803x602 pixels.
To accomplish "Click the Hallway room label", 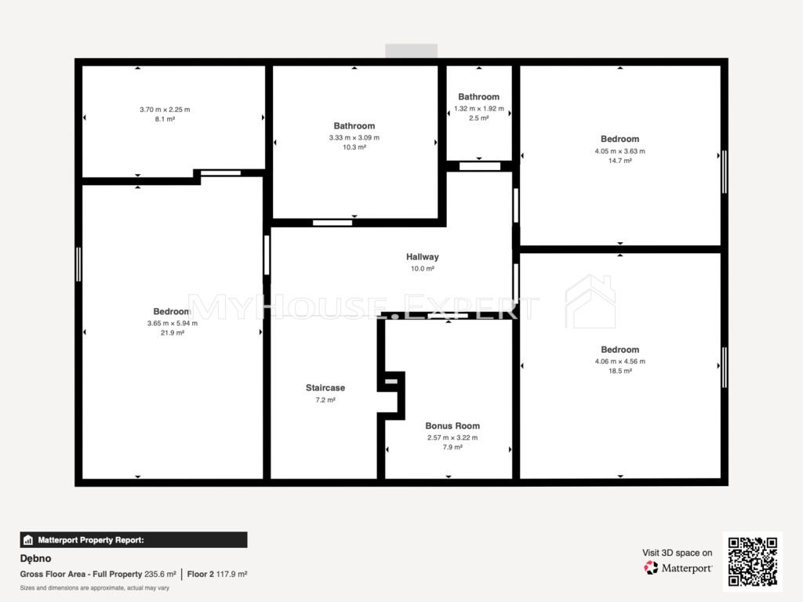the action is coord(423,257).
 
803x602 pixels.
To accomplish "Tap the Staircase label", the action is coord(325,388).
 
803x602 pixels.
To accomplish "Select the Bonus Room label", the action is coord(452,426).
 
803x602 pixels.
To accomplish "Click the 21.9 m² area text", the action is coord(173,332).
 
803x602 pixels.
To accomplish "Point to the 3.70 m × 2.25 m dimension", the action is coord(165,110).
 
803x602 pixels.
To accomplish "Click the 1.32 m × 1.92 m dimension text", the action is coord(479,108).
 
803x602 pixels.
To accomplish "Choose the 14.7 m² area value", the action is coord(620,161).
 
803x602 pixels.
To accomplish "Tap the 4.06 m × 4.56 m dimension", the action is coord(620,361).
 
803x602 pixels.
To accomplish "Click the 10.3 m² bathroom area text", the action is coord(354,147).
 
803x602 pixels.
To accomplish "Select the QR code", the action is coord(753,561).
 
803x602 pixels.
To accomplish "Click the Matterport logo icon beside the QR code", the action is coord(651,568).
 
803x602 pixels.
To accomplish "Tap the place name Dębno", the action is coord(35,558).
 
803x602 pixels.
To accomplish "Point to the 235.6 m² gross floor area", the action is coord(160,575).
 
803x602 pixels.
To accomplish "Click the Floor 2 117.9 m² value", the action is coord(217,575).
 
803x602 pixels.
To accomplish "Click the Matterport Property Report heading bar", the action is coord(133,540).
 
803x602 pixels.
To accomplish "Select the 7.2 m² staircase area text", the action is coord(325,401).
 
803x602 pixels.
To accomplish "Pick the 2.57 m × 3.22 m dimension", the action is coord(452,437).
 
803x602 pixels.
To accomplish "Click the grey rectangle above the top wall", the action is coord(411,51).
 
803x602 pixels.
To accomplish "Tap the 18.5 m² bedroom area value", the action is coord(620,371).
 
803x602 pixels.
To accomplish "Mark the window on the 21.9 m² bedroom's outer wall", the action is coord(78,264).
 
